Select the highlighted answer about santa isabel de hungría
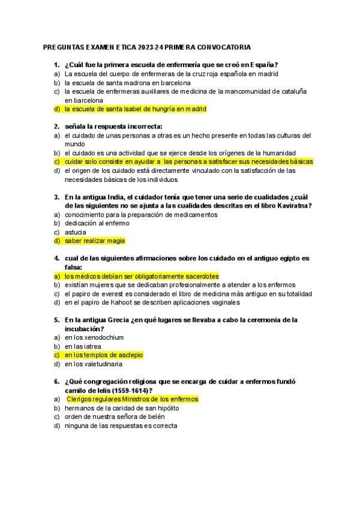click(135, 109)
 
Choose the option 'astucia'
click(76, 232)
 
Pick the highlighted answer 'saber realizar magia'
click(95, 241)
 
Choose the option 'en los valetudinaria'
click(94, 364)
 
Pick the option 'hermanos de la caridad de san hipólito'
click(122, 408)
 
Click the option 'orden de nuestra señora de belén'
click(115, 417)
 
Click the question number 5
click(56, 320)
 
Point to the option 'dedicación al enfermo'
click(97, 223)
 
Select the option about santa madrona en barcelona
click(128, 83)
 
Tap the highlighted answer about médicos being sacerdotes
click(142, 276)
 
